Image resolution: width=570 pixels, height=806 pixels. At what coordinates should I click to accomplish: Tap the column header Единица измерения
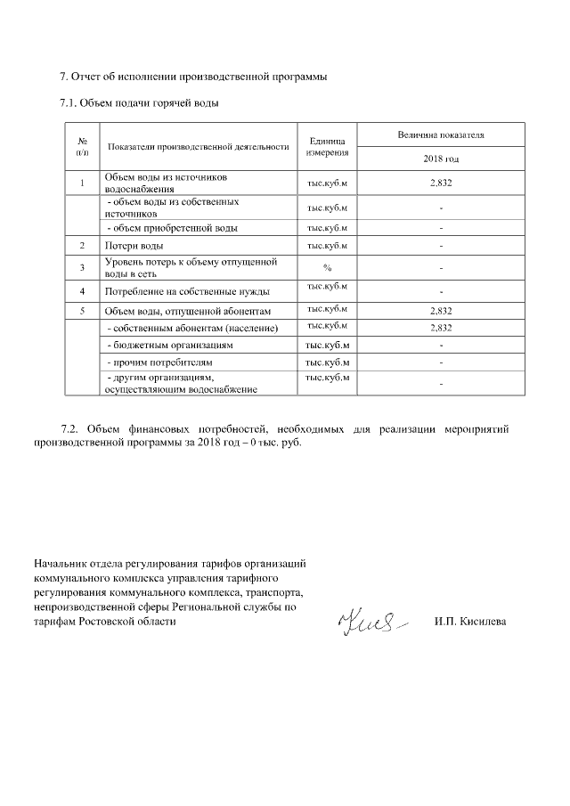point(327,147)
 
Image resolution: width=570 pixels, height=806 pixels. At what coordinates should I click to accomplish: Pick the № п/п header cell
point(82,147)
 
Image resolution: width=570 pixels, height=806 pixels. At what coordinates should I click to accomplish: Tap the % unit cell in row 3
point(327,267)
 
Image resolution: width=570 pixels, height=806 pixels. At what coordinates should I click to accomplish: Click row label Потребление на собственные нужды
point(187,291)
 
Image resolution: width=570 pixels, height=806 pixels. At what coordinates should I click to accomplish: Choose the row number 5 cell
point(82,311)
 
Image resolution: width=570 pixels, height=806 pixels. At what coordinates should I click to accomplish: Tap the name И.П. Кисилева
point(470,621)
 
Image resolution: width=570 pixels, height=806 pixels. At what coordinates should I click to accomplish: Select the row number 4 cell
point(82,291)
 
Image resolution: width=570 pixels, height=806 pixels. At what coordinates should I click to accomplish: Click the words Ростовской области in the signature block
point(133,621)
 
